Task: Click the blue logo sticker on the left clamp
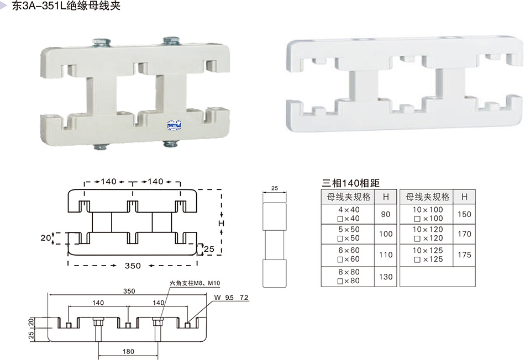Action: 174,125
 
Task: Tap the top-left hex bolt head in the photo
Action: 102,42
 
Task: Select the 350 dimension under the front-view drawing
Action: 133,266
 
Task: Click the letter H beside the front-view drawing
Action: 221,223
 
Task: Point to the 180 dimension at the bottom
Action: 128,351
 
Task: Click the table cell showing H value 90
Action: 385,214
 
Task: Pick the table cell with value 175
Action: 464,255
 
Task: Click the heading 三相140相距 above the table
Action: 350,183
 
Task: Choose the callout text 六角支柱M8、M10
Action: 195,283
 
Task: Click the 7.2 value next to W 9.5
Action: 244,298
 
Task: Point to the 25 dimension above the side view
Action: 275,188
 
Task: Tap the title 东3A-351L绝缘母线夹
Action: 66,6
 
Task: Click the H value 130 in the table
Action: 386,277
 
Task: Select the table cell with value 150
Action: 464,214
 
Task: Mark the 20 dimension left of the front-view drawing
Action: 45,238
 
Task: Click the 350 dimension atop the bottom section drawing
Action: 129,291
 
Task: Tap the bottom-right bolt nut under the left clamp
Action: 171,144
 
